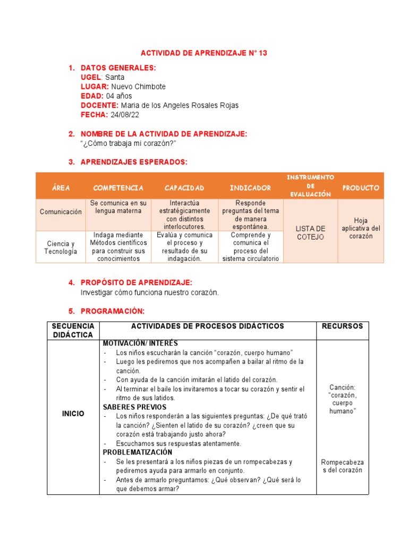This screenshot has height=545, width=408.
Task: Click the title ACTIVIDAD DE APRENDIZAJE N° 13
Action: (x=203, y=53)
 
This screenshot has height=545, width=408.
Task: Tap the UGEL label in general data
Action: (x=91, y=77)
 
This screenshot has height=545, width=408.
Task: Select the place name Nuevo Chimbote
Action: (x=138, y=87)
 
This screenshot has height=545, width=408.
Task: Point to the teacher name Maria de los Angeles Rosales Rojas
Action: (x=180, y=105)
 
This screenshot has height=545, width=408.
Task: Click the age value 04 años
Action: (x=119, y=96)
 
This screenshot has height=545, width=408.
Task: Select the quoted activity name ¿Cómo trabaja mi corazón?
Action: (x=128, y=144)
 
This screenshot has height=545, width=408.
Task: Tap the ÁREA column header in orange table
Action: (x=61, y=188)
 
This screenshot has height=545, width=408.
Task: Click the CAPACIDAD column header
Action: (x=184, y=188)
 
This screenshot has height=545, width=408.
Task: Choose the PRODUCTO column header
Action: (x=361, y=188)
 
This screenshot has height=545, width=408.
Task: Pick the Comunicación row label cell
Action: (x=61, y=211)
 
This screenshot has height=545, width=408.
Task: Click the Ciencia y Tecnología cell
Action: (x=61, y=247)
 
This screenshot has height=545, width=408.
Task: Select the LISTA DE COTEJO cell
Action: (x=310, y=233)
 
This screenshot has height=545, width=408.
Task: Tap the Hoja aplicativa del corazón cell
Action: (x=361, y=228)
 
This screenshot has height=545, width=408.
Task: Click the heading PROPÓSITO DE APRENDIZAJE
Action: (x=136, y=282)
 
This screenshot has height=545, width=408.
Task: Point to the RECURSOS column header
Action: (x=342, y=326)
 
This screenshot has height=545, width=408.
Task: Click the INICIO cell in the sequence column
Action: (x=73, y=414)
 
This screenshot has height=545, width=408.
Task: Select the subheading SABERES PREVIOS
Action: (x=134, y=407)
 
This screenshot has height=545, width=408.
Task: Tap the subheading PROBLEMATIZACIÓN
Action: (x=138, y=452)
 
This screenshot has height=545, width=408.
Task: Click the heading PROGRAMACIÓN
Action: (x=112, y=311)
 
